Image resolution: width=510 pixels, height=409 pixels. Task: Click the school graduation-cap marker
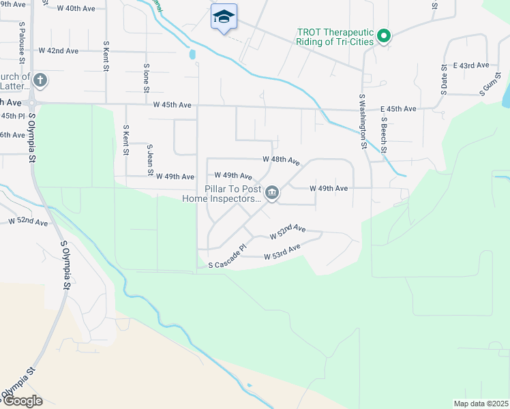pos(224,16)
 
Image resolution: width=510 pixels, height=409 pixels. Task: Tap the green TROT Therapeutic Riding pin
pos(384,35)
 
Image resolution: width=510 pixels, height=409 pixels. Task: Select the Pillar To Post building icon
pos(271,194)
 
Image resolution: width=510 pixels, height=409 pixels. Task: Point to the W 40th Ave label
pos(76,8)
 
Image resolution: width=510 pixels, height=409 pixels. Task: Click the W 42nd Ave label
pos(59,51)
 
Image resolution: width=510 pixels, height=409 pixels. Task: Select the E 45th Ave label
pos(398,109)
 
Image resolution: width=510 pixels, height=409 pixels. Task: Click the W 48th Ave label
pos(281,160)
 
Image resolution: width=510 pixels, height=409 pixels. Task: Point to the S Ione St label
pos(146,76)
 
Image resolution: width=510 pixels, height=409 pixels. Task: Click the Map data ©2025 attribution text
pos(481,404)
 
